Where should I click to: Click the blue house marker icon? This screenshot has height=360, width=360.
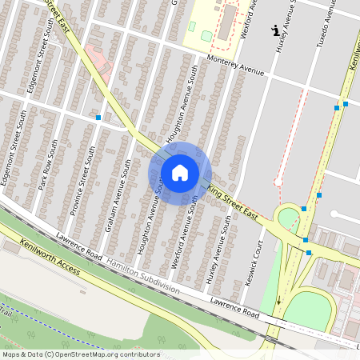180,173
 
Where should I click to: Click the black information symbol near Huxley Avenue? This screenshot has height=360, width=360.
277,31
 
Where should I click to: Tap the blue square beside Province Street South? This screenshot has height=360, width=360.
98,118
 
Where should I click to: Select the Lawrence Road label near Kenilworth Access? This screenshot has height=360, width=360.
78,246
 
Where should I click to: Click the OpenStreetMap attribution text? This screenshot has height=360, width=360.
82,354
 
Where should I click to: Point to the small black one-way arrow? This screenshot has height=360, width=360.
279,302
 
